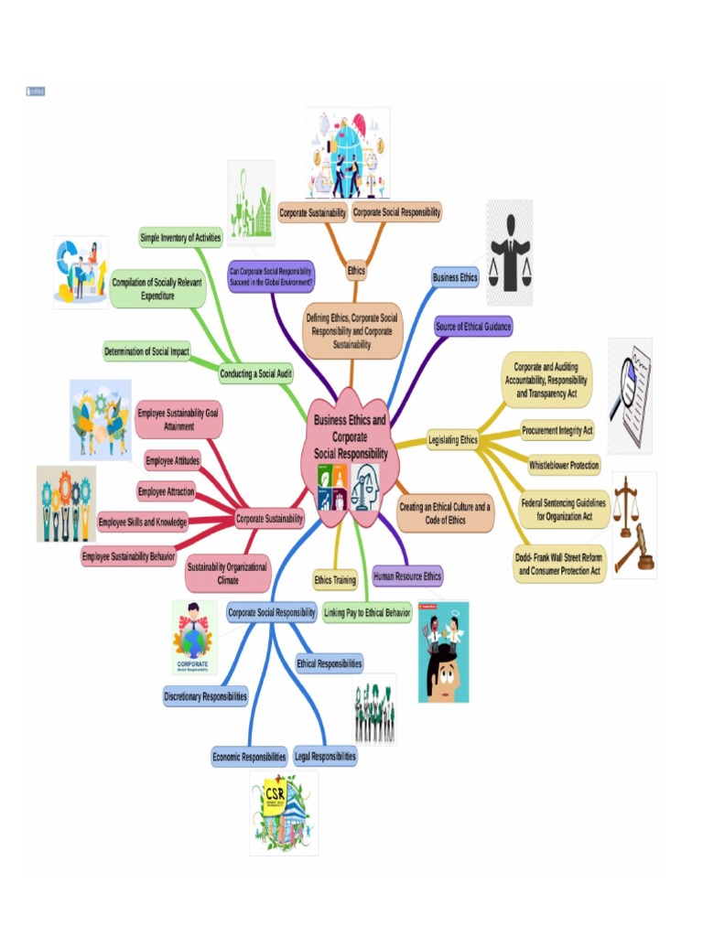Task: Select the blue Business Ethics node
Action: click(455, 277)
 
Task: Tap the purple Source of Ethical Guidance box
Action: click(473, 327)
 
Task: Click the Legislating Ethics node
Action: click(453, 440)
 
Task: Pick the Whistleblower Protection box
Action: click(564, 465)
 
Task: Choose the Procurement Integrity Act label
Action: click(557, 429)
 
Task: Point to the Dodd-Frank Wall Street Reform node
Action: click(559, 564)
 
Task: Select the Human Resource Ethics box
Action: click(407, 576)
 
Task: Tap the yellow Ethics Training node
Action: click(335, 580)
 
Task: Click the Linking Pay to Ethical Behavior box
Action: click(368, 612)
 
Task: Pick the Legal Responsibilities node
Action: click(325, 757)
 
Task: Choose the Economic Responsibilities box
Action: click(250, 757)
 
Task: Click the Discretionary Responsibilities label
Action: click(206, 696)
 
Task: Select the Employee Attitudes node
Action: click(172, 460)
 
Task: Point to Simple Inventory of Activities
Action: click(180, 238)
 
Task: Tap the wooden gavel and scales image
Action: click(634, 524)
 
